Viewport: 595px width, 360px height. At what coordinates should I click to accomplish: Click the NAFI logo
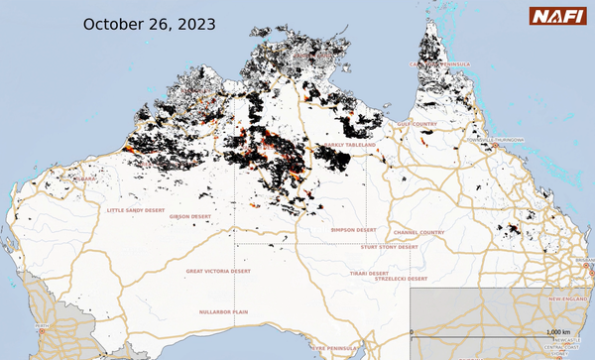[x=559, y=16]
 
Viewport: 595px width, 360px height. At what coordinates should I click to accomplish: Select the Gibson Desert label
[x=192, y=215]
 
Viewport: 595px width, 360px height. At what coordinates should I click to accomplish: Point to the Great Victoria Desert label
[x=218, y=270]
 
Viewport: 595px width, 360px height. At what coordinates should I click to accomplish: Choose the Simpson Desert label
[x=353, y=229]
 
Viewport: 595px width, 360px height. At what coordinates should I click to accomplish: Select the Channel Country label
[x=418, y=232]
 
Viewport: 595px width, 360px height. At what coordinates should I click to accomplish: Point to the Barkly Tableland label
[x=350, y=145]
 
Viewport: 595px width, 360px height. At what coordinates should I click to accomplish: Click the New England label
[x=569, y=299]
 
